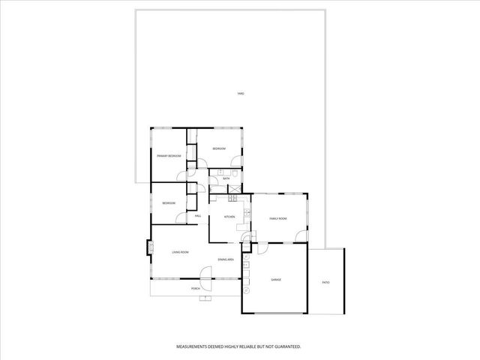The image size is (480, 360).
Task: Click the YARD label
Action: [x=240, y=94]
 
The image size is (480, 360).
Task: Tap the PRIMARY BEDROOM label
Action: [x=169, y=155]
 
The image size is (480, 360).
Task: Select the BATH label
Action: [x=226, y=178]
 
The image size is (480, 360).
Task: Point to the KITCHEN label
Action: [x=229, y=217]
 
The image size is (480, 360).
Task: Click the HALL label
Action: [x=198, y=217]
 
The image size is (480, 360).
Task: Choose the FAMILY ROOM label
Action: [x=278, y=218]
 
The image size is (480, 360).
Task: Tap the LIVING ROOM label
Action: [x=179, y=252]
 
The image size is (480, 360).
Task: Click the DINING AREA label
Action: [x=226, y=259]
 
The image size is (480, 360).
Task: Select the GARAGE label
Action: [x=276, y=280]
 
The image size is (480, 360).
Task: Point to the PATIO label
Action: [x=325, y=282]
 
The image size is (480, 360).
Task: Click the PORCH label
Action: [x=196, y=288]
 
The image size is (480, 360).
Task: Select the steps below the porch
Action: [x=202, y=298]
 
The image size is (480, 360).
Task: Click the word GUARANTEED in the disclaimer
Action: [x=286, y=347]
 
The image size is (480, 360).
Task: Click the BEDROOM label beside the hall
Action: [x=169, y=203]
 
